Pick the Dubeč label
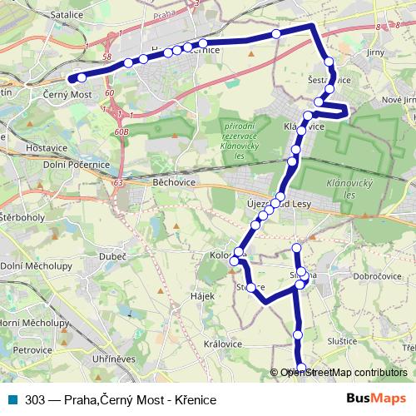[113, 256]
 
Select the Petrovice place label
[32, 350]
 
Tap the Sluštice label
[340, 341]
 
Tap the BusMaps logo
[376, 399]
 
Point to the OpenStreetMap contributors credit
[344, 372]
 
